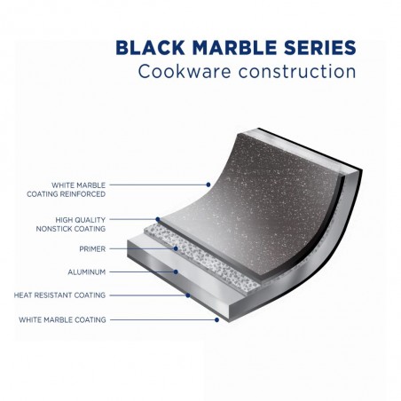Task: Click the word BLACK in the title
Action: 150,48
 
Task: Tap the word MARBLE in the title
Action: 235,48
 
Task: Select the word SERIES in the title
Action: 320,48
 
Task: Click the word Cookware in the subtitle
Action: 185,71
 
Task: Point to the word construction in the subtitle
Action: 297,72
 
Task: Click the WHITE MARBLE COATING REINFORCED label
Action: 67,190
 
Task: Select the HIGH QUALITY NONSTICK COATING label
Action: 71,224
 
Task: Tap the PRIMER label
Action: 92,249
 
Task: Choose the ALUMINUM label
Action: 87,272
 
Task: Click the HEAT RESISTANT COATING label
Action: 59,295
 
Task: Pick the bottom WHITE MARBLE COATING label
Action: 62,319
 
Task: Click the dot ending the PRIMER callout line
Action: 176,248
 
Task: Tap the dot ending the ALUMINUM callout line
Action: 176,271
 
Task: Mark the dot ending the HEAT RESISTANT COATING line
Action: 188,295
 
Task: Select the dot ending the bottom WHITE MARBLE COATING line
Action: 216,319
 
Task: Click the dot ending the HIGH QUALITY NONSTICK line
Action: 158,219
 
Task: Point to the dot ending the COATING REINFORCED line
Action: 208,185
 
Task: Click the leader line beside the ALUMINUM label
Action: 143,271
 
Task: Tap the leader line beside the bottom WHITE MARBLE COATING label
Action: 163,319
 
